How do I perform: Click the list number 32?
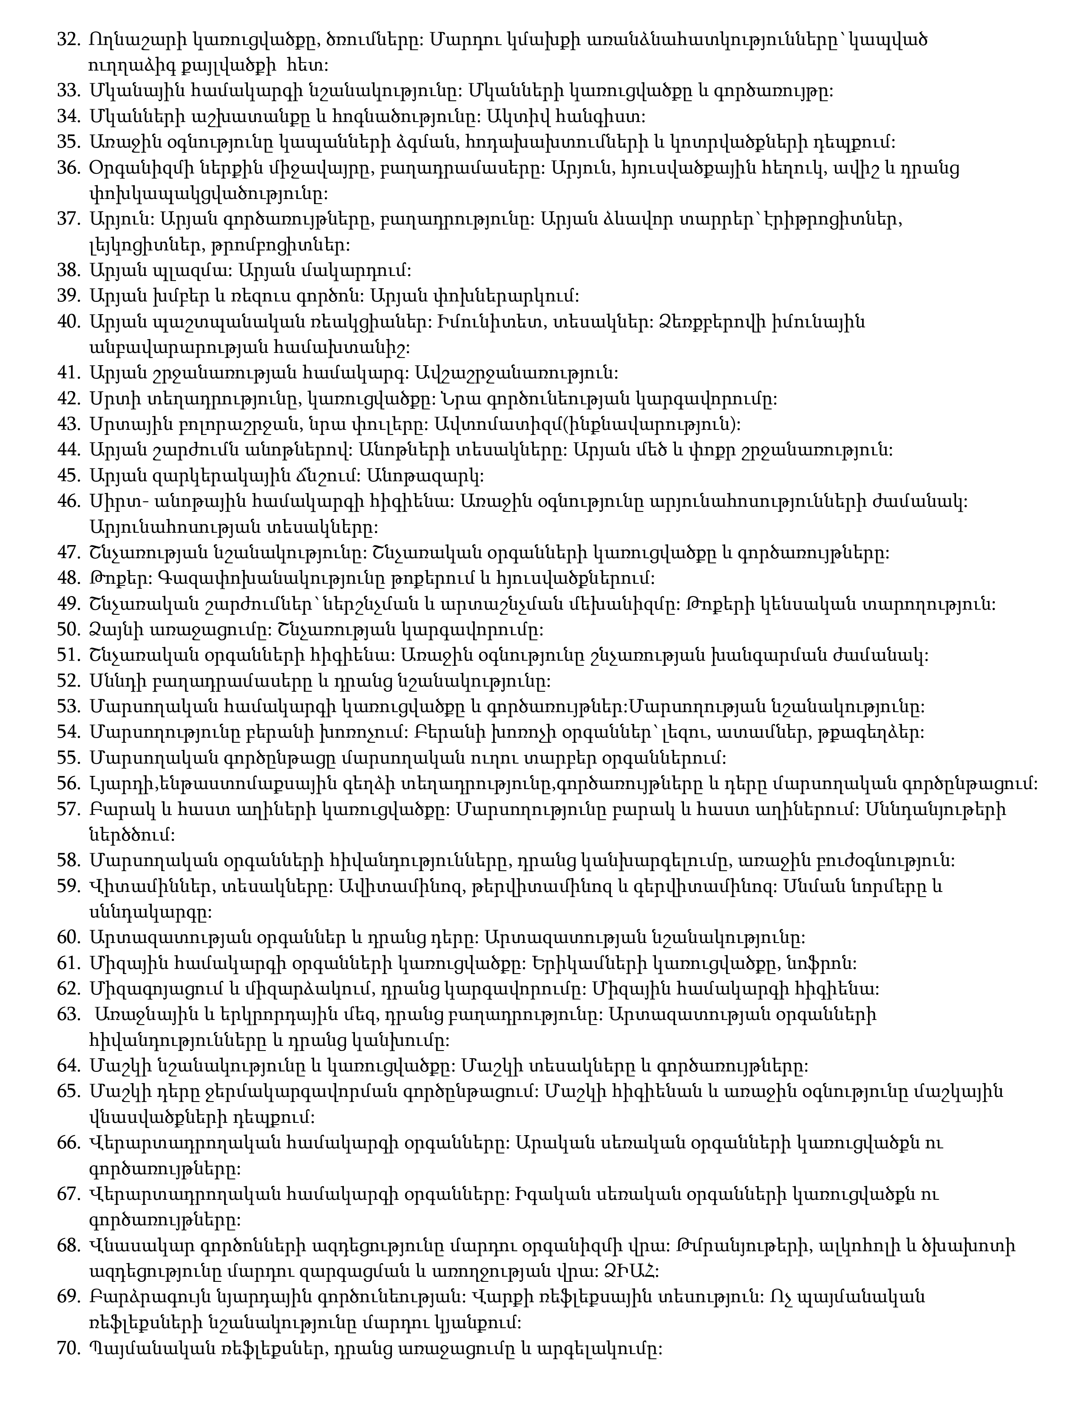click(x=68, y=40)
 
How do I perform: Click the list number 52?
click(x=68, y=680)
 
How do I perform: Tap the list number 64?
click(x=68, y=1066)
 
